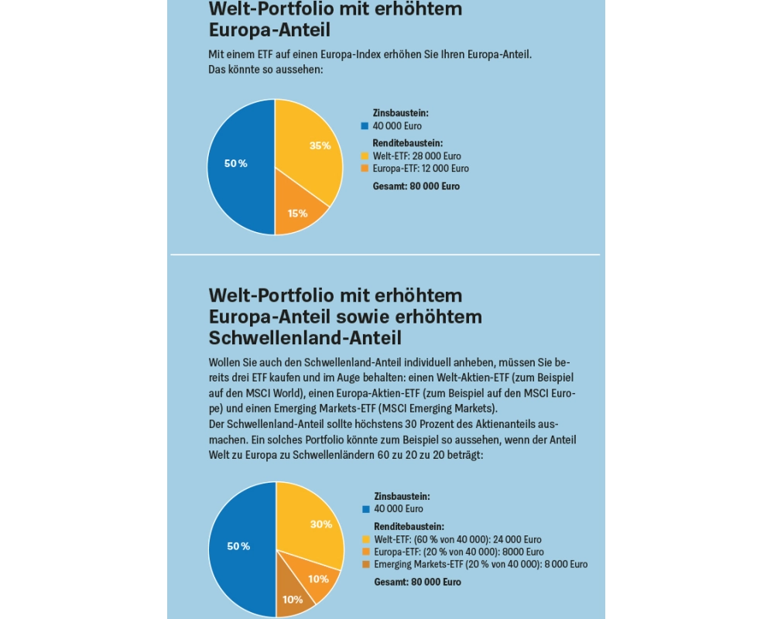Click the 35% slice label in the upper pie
point(320,145)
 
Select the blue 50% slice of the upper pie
point(237,164)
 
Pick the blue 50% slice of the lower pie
point(238,546)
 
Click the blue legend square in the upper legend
point(365,126)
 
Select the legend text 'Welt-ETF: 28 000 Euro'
point(416,156)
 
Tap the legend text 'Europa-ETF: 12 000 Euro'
point(420,168)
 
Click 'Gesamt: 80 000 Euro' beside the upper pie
point(416,186)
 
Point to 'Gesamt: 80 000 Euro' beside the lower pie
point(417,581)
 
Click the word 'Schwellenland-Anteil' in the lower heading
point(305,337)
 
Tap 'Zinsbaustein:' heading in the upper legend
point(400,113)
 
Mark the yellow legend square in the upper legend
point(365,156)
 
